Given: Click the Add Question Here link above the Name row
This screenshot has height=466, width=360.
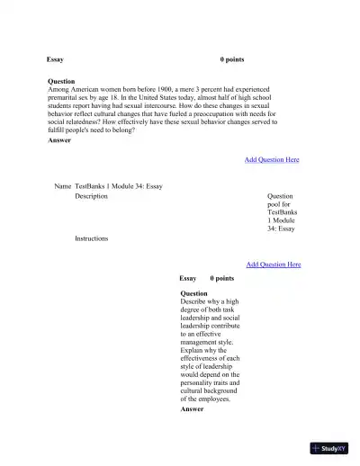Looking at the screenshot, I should (x=272, y=159).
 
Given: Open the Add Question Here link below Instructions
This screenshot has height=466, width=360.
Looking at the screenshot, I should (x=274, y=264).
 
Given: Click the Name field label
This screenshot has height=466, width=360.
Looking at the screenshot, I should (x=62, y=186).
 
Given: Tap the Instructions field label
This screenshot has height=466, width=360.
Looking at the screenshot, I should (x=91, y=238).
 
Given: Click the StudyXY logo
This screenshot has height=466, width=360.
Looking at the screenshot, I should (x=328, y=448).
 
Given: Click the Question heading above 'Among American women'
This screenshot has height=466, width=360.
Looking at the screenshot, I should (x=61, y=81).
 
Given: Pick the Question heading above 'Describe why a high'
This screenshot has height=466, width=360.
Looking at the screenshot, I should (x=193, y=293).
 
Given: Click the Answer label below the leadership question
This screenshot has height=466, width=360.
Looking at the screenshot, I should (x=192, y=409).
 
